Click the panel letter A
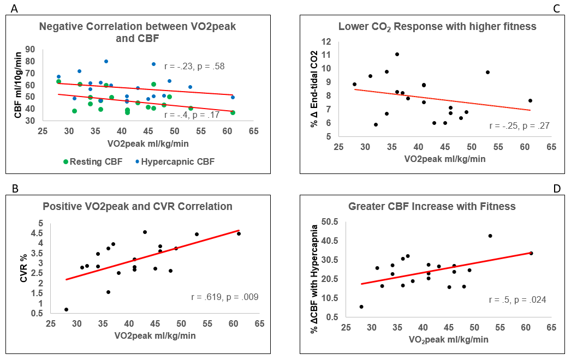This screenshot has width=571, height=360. (7, 8)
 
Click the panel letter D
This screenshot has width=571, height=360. (557, 189)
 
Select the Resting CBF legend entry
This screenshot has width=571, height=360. (92, 161)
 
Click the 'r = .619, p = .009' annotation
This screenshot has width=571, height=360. (224, 297)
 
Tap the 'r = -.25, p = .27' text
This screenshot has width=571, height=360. (519, 125)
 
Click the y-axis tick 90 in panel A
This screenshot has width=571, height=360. (45, 49)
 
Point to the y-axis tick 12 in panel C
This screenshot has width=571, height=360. (327, 41)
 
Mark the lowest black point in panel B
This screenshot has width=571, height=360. (66, 309)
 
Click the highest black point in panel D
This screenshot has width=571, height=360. (490, 236)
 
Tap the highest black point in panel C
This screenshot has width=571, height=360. (397, 54)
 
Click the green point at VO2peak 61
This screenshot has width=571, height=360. (233, 112)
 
